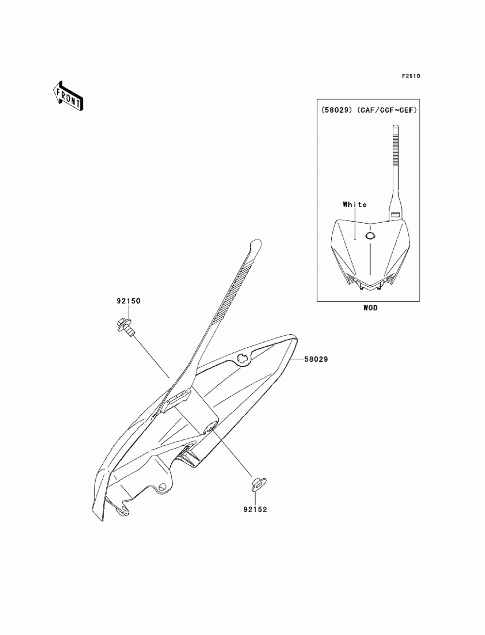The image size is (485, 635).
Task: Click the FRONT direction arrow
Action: click(68, 96)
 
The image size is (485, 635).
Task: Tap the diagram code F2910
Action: click(411, 76)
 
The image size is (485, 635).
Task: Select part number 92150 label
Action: click(129, 301)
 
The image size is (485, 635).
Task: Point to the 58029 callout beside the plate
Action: click(316, 359)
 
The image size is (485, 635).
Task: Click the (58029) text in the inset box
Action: click(337, 110)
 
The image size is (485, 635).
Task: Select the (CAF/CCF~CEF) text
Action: click(387, 110)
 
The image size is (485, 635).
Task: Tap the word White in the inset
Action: click(355, 205)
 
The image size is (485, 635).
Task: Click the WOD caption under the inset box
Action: click(371, 308)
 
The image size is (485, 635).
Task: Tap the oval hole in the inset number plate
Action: click(370, 236)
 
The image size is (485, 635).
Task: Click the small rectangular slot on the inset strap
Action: click(395, 214)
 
